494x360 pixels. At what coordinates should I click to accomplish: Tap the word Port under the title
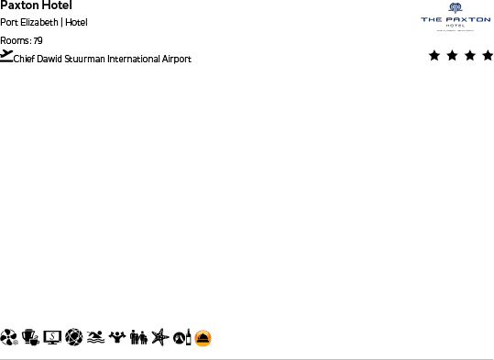(x=7, y=23)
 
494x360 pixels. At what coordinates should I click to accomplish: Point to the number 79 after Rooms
(x=38, y=40)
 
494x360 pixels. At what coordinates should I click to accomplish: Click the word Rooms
(x=15, y=40)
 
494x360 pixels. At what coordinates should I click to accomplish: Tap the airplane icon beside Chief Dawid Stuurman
(x=6, y=56)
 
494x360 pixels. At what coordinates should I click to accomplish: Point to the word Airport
(x=176, y=60)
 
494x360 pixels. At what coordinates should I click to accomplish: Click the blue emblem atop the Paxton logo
(x=456, y=8)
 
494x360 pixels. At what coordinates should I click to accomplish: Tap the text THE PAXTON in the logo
(x=456, y=19)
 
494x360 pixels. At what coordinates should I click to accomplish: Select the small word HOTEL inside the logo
(x=456, y=26)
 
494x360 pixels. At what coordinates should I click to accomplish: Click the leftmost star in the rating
(x=434, y=56)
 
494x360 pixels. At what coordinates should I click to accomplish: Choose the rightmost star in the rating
(x=487, y=56)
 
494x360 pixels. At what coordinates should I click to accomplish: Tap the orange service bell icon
(x=203, y=338)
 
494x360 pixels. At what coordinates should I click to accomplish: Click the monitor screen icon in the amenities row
(x=52, y=338)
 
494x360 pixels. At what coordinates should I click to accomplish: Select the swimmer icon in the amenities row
(x=95, y=338)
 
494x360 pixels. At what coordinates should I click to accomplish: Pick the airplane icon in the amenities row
(x=159, y=338)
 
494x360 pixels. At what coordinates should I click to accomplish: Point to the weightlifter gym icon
(x=116, y=338)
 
